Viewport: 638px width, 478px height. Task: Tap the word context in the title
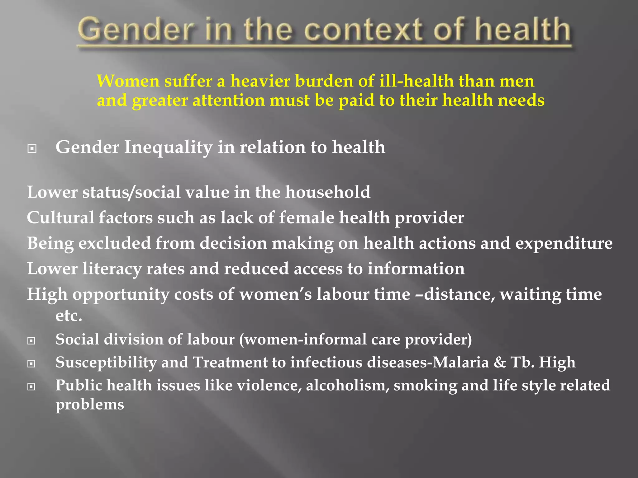pos(363,30)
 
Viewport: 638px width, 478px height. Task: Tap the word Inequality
pos(168,147)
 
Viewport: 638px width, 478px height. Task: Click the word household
pos(328,192)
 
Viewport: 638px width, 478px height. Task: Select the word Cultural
pos(60,218)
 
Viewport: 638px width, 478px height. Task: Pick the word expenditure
pos(564,243)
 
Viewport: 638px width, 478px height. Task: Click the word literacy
pos(112,269)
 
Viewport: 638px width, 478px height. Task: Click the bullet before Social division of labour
pos(31,341)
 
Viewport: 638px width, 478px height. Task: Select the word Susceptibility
pos(106,363)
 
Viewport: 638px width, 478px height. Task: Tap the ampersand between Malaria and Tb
pos(500,362)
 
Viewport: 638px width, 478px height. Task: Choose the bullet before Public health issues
pos(31,387)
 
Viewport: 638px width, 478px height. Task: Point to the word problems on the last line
pos(90,405)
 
